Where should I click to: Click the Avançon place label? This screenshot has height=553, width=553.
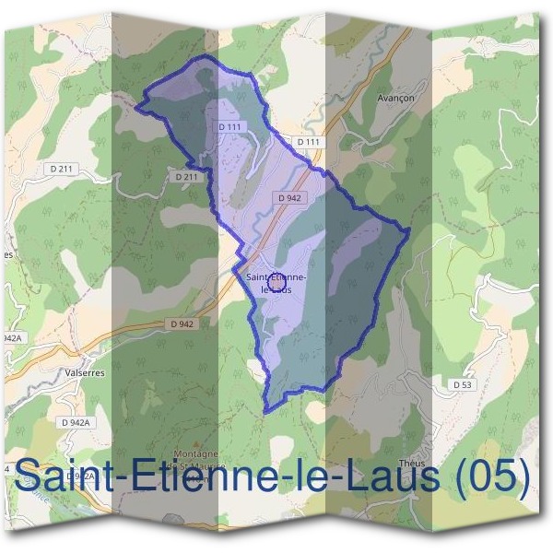(x=396, y=98)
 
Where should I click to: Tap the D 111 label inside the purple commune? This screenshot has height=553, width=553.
(x=229, y=126)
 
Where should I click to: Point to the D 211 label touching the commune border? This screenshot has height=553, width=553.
(x=186, y=176)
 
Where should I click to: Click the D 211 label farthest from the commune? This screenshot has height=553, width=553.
(x=61, y=168)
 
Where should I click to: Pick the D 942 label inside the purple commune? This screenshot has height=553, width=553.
(x=288, y=197)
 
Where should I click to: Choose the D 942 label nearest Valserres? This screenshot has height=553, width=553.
(x=182, y=324)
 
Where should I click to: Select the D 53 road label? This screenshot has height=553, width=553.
(x=462, y=383)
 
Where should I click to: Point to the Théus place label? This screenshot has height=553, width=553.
(x=410, y=464)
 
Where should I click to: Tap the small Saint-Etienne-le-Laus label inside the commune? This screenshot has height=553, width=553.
(x=276, y=281)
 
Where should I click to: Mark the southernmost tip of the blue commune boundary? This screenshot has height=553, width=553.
(x=265, y=411)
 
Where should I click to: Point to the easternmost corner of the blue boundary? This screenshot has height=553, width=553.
(x=408, y=230)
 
